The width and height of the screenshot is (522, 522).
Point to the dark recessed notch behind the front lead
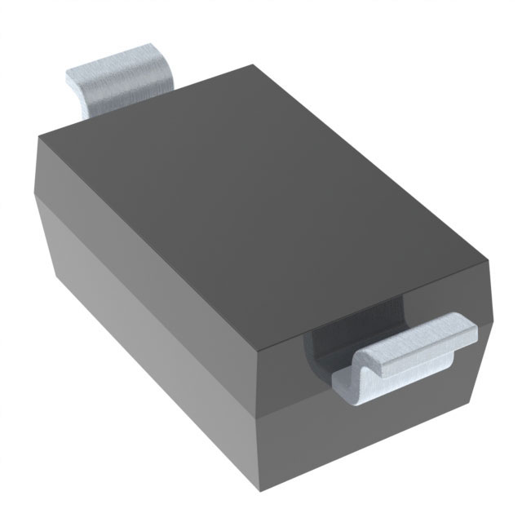(x=326, y=343)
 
